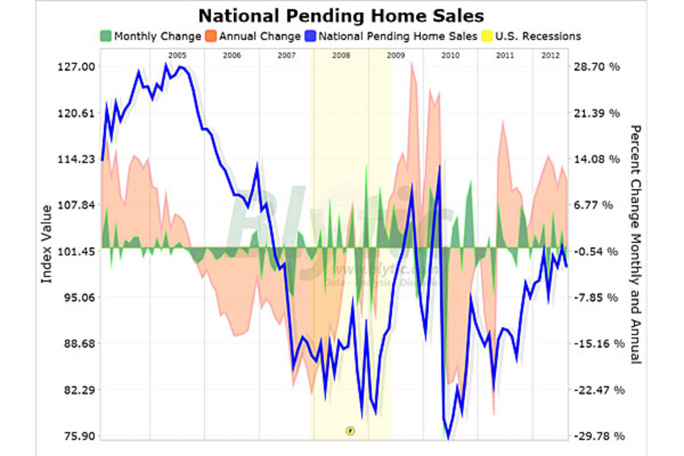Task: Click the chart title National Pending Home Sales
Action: [341, 15]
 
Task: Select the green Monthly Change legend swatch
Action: [106, 36]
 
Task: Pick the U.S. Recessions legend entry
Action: [538, 36]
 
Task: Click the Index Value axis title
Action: [46, 244]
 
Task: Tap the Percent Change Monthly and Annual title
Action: [636, 244]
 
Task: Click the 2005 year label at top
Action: [178, 56]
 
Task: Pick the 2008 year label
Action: [341, 56]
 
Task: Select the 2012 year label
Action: [552, 56]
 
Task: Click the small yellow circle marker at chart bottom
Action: [350, 430]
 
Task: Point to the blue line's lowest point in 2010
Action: [448, 438]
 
